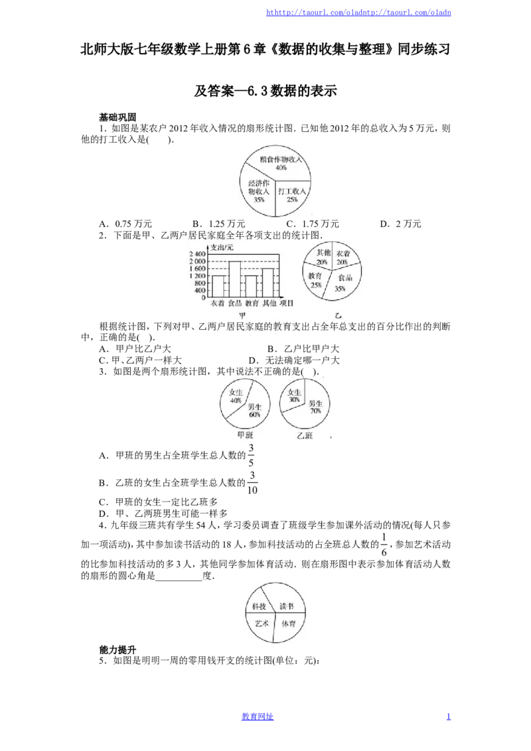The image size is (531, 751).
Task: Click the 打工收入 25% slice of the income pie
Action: (x=292, y=196)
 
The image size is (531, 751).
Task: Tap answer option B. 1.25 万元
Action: (x=218, y=224)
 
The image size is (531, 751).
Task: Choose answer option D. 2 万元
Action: (x=401, y=224)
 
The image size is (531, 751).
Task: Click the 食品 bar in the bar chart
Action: (x=234, y=279)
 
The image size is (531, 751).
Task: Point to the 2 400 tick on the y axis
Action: (x=197, y=254)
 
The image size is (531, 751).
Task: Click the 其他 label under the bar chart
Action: (x=269, y=303)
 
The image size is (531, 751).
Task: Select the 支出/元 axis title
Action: (x=222, y=247)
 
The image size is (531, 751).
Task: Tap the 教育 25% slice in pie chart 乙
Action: (x=315, y=280)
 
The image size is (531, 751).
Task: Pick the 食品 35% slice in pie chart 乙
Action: (x=343, y=283)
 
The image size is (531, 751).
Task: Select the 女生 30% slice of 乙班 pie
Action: (x=293, y=395)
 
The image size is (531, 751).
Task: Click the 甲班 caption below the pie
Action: (x=246, y=435)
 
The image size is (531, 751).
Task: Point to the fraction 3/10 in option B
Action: (x=252, y=483)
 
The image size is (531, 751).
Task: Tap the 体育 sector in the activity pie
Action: (x=288, y=625)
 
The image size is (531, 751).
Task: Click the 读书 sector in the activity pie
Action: (x=285, y=604)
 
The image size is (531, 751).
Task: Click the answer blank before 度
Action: (x=179, y=577)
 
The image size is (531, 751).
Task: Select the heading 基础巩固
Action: (x=117, y=117)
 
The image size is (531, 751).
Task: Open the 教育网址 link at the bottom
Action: (x=258, y=717)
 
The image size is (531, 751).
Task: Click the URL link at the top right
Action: (x=358, y=13)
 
